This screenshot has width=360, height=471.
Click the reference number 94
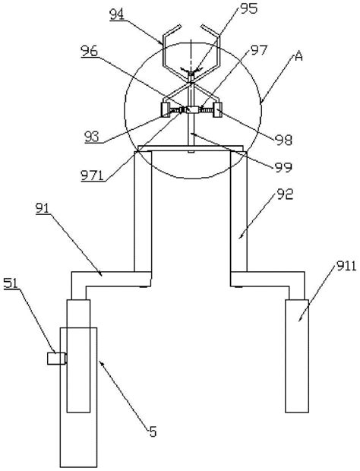tap(117, 14)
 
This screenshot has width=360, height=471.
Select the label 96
tap(90, 52)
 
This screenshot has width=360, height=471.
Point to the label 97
tap(259, 50)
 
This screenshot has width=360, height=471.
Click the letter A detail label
tap(298, 56)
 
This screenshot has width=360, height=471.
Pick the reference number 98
tap(283, 140)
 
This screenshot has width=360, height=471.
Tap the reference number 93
tap(92, 137)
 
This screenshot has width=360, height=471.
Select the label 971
tap(92, 175)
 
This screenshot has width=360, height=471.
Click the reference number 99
tap(283, 167)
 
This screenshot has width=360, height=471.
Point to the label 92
tap(285, 194)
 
